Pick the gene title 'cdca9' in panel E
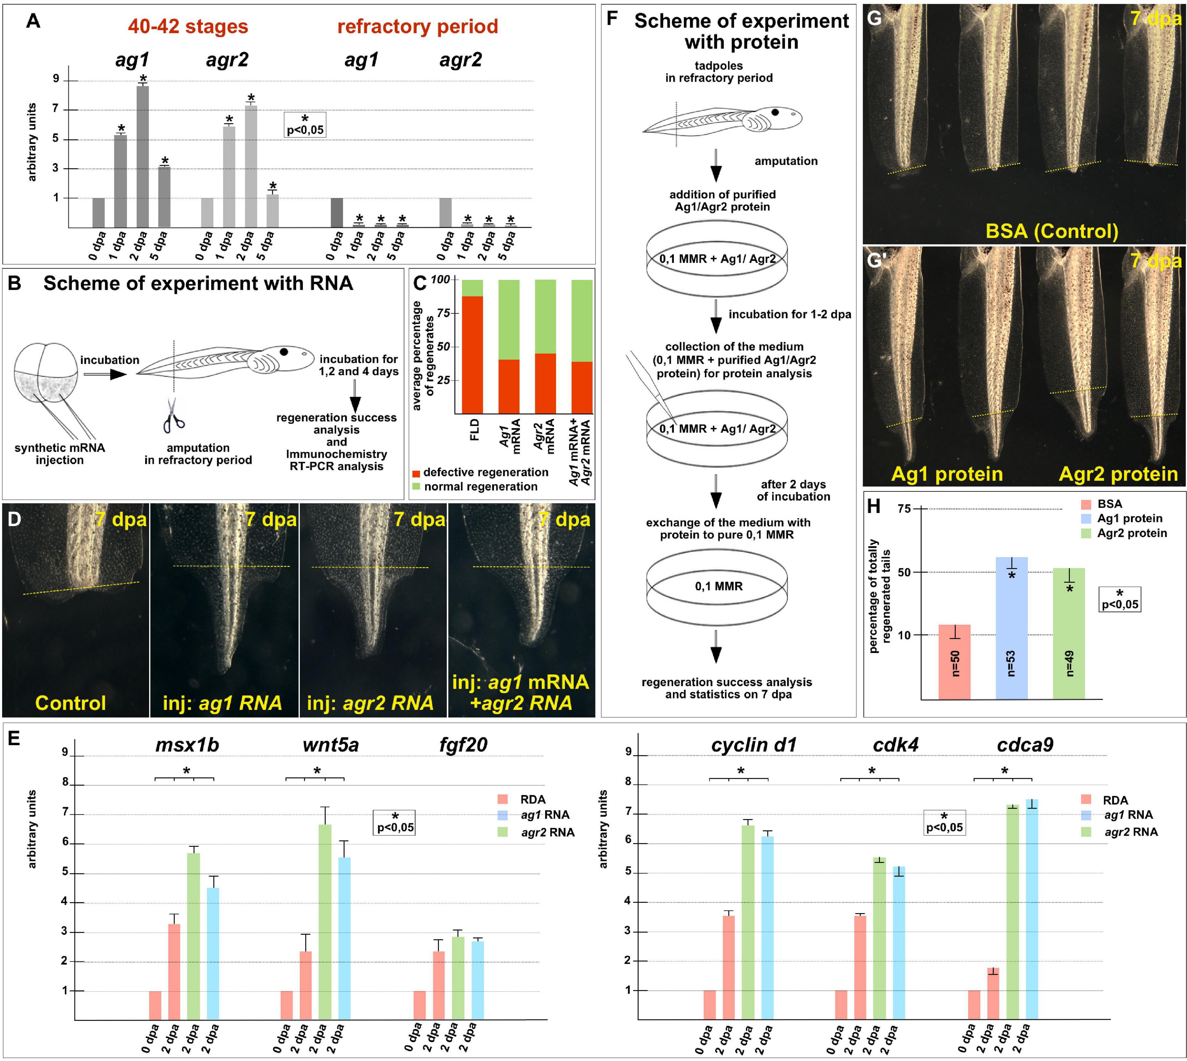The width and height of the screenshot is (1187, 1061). pyautogui.click(x=1025, y=745)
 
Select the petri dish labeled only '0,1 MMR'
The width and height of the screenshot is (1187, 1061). pyautogui.click(x=717, y=587)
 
